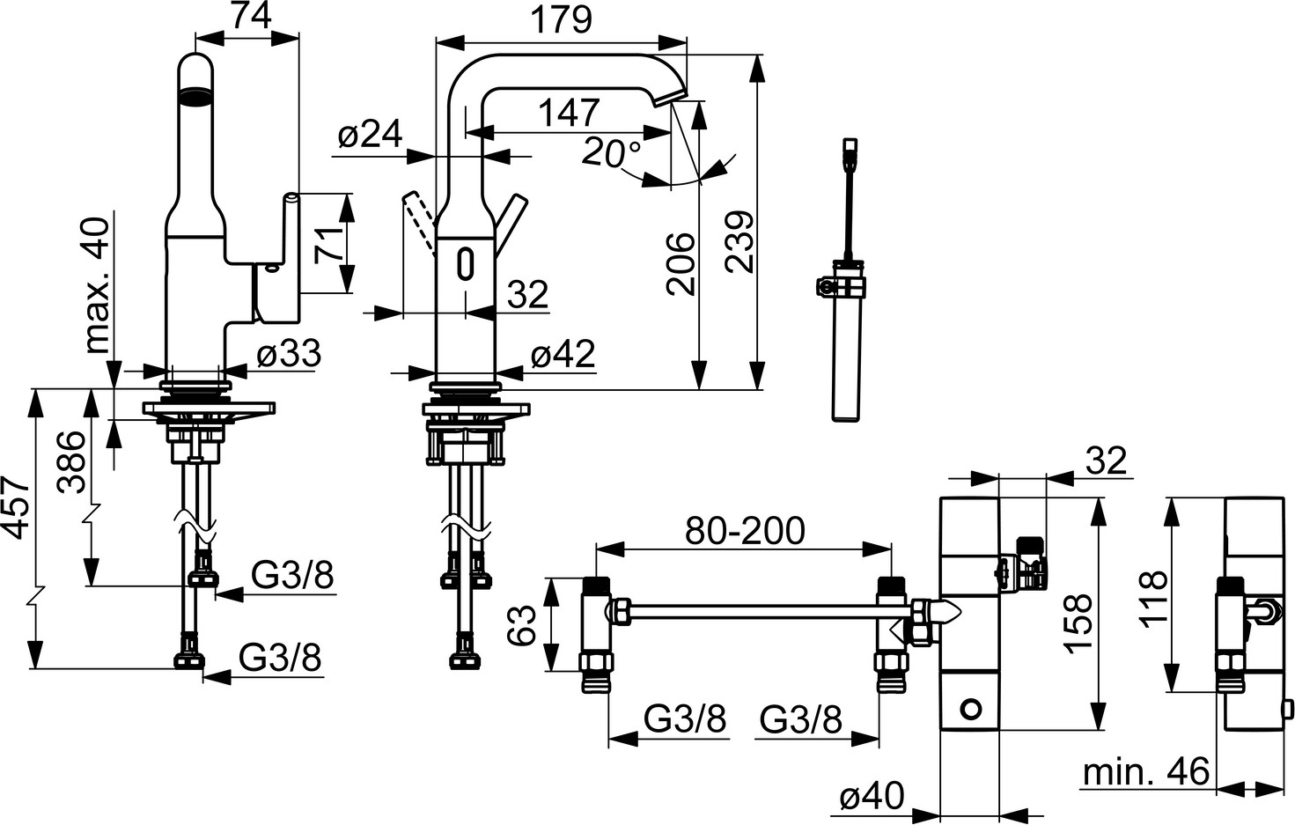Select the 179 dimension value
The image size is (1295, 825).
[x=563, y=19]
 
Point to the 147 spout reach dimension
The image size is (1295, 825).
[x=568, y=113]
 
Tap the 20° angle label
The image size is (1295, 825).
[x=612, y=153]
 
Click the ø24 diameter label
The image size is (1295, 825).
[x=370, y=136]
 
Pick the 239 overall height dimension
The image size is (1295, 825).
[x=739, y=242]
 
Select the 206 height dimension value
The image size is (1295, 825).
[x=680, y=264]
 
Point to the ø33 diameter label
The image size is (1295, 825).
[x=289, y=355]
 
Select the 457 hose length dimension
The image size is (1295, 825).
[x=16, y=509]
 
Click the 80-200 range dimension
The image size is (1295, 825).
[x=745, y=531]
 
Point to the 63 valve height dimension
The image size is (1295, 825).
[x=524, y=625]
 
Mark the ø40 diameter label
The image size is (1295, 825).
[x=872, y=797]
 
